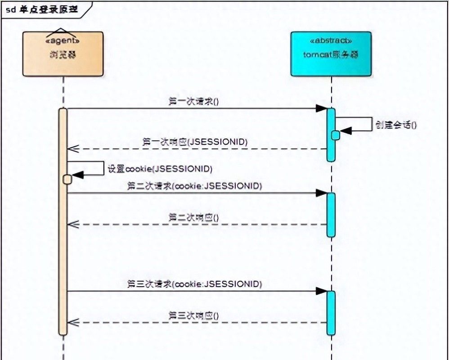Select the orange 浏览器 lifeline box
(63, 54)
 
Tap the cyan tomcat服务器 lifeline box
(331, 54)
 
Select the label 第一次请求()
(193, 101)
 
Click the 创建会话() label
(396, 125)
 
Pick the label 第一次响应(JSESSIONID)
(195, 142)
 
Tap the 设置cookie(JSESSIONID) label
(160, 169)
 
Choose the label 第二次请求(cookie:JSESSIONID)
(194, 185)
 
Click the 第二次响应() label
(193, 217)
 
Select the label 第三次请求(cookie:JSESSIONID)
(194, 284)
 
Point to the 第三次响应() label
(193, 315)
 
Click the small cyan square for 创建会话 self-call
(336, 135)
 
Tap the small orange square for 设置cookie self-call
(67, 180)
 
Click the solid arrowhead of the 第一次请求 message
(321, 108)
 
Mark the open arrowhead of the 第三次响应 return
(72, 322)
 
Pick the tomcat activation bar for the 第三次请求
(331, 313)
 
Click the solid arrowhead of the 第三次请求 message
(321, 291)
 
